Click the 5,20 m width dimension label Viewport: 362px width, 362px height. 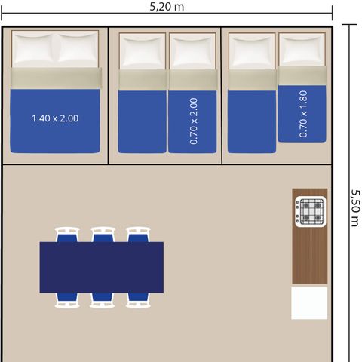[x=167, y=7]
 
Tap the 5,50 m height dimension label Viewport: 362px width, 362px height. [x=355, y=208]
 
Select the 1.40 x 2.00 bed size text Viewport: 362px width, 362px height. [x=55, y=118]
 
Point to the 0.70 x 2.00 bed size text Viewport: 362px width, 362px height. [x=194, y=121]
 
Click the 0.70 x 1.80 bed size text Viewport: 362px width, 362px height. [x=303, y=114]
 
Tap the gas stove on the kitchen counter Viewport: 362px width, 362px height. [x=311, y=211]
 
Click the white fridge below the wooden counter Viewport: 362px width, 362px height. [x=309, y=303]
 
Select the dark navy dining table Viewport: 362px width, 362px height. [x=102, y=267]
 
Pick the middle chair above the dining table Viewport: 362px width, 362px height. [x=103, y=235]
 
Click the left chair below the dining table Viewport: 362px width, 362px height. [x=67, y=300]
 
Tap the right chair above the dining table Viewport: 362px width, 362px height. [x=138, y=235]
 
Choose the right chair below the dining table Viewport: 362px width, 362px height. [x=138, y=300]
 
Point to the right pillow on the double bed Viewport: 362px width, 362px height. [x=77, y=48]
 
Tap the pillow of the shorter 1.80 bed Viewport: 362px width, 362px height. [x=302, y=51]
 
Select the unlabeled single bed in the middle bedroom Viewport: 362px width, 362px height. [x=143, y=93]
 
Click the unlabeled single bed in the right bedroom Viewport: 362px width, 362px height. [x=252, y=93]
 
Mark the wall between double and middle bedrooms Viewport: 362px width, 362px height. [x=108, y=96]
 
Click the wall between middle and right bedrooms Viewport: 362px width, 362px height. [x=222, y=96]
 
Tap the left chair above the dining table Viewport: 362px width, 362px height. [x=67, y=235]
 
